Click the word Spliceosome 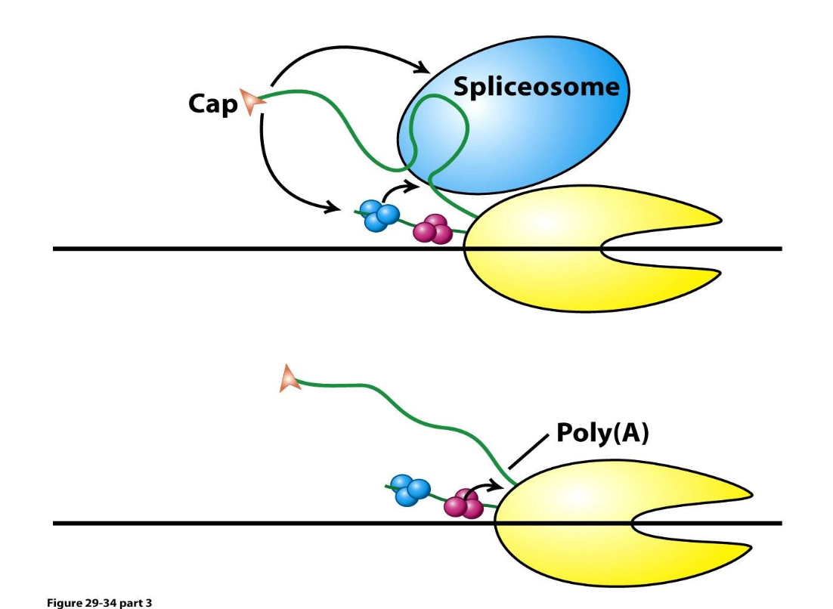(x=536, y=88)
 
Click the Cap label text (x=212, y=104)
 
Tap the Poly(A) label (x=602, y=433)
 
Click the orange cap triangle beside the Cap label (x=249, y=101)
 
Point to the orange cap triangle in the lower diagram (x=289, y=379)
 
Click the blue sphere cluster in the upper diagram (x=380, y=215)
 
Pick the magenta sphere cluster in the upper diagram (x=433, y=230)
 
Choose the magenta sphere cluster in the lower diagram (x=463, y=504)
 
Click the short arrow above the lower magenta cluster (x=488, y=485)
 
